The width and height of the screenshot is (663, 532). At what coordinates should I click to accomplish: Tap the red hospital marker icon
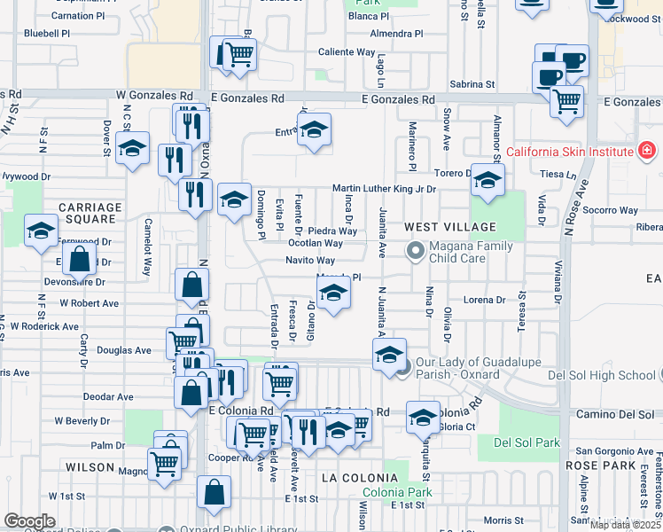click(x=647, y=151)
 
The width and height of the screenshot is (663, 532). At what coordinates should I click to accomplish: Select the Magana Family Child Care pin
click(x=414, y=252)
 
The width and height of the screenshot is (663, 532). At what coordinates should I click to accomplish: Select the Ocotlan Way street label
click(x=316, y=244)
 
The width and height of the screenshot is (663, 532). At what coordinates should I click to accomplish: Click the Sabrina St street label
click(x=472, y=84)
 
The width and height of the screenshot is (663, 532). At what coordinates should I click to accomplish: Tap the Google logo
click(x=29, y=521)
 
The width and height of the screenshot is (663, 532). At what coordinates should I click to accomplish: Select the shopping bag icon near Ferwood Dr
click(x=80, y=260)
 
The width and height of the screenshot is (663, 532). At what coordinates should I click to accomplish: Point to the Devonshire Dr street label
click(x=74, y=282)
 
